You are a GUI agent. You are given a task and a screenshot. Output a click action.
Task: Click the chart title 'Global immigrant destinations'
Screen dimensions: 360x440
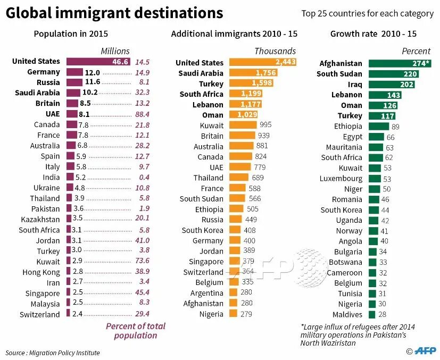pyautogui.click(x=114, y=13)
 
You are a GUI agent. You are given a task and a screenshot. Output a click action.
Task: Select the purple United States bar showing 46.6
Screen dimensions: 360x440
pyautogui.click(x=98, y=62)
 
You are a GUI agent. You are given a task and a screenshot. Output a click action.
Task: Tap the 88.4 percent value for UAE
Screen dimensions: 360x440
pyautogui.click(x=142, y=114)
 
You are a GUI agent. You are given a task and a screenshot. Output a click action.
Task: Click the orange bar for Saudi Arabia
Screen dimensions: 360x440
pyautogui.click(x=252, y=73)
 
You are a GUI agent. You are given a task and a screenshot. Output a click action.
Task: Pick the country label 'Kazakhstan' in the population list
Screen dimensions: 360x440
pyautogui.click(x=40, y=219)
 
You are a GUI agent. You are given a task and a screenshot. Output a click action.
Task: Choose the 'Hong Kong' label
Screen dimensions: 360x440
pyautogui.click(x=43, y=272)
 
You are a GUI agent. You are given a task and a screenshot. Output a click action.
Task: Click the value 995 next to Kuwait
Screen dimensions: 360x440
pyautogui.click(x=265, y=125)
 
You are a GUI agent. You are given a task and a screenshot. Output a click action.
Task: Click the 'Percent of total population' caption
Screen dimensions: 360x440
pyautogui.click(x=135, y=331)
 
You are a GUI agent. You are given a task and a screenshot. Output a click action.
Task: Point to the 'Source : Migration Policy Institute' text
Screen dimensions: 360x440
pyautogui.click(x=53, y=353)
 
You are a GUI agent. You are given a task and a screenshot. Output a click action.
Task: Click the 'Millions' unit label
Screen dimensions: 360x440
pyautogui.click(x=115, y=51)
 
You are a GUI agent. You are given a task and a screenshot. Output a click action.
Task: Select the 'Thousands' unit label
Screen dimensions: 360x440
pyautogui.click(x=275, y=51)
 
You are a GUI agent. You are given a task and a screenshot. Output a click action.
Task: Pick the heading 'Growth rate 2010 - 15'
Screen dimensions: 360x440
pyautogui.click(x=373, y=34)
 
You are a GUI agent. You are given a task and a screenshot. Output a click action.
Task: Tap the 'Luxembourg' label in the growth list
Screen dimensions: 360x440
pyautogui.click(x=341, y=178)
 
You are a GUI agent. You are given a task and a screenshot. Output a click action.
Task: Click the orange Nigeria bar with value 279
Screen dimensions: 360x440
pyautogui.click(x=233, y=314)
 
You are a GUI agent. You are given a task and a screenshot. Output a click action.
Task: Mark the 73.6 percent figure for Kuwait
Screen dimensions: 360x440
pyautogui.click(x=142, y=261)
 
